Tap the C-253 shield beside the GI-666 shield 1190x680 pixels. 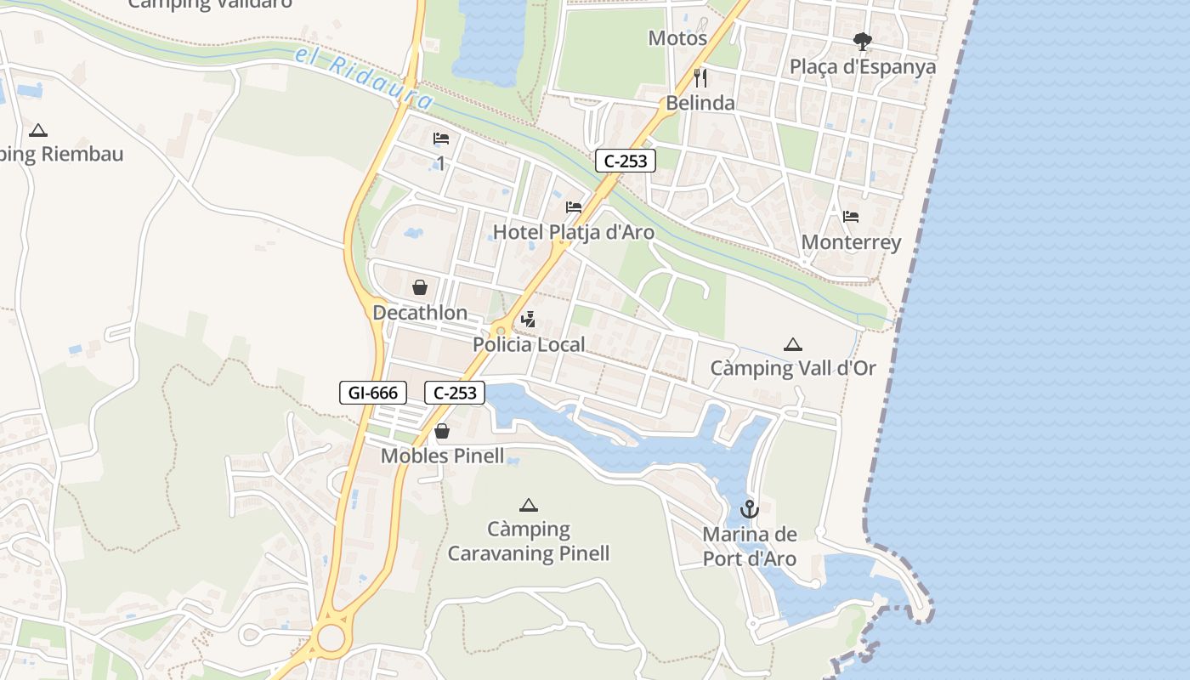(454, 393)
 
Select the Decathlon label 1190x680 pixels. (420, 313)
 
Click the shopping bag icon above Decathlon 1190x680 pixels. (420, 287)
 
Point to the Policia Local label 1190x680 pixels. (529, 344)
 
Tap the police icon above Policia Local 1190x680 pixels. (529, 320)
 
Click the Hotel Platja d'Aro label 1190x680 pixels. (574, 232)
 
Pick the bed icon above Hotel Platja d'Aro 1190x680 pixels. (574, 207)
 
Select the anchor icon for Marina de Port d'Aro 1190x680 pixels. (749, 509)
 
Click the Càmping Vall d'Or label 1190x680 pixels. (792, 368)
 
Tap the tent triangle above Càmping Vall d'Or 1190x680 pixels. (793, 344)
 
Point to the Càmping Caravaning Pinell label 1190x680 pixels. (529, 541)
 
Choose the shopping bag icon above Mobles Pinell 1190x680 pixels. (442, 432)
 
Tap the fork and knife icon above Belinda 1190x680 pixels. (700, 78)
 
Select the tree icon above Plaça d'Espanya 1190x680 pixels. (863, 41)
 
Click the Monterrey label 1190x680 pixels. (851, 242)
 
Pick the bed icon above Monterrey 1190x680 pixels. (851, 217)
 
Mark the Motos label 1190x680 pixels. (677, 38)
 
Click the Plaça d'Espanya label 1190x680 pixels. (863, 66)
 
